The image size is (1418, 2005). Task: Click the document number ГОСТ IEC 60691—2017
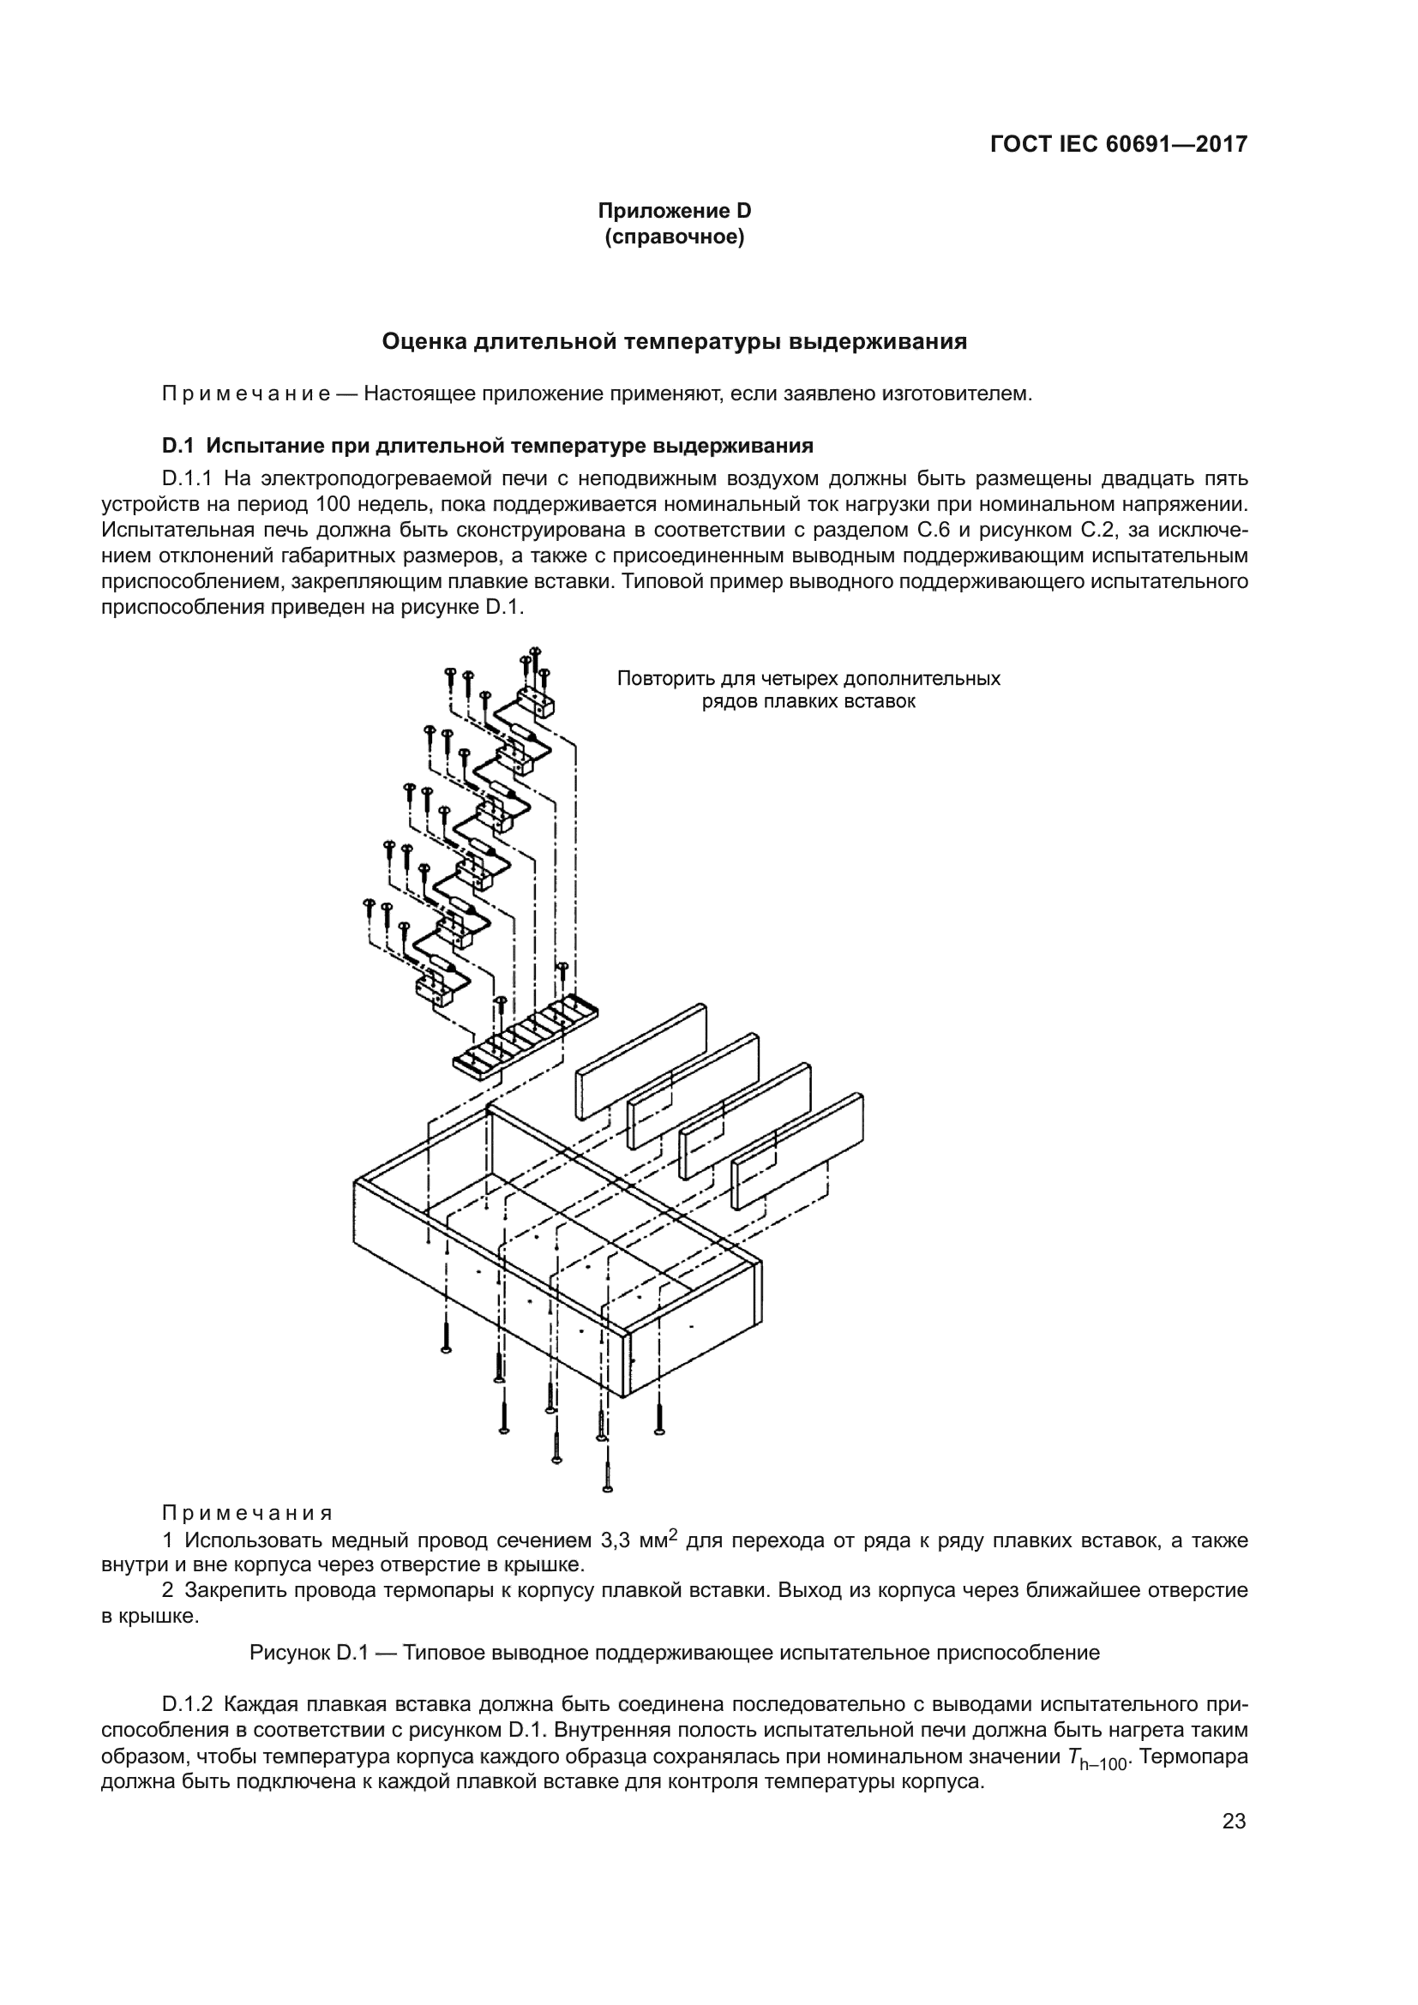tap(1119, 145)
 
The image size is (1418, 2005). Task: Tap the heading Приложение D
tap(674, 211)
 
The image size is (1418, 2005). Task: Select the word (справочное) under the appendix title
tap(674, 237)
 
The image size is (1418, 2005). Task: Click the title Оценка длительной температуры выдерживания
tap(674, 341)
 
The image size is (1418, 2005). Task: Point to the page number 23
tap(1234, 1822)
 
